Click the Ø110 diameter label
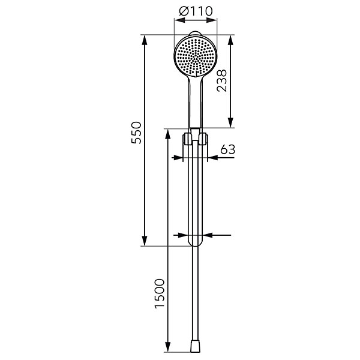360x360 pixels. pos(196,11)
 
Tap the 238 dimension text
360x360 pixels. pos(222,81)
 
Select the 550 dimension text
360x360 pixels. pos(136,133)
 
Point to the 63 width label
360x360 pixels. pos(228,149)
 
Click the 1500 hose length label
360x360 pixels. pos(160,293)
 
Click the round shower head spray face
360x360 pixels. pos(196,56)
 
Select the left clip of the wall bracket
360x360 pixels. pos(187,139)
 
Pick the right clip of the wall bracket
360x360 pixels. pos(203,139)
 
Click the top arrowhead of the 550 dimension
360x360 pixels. pos(145,41)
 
